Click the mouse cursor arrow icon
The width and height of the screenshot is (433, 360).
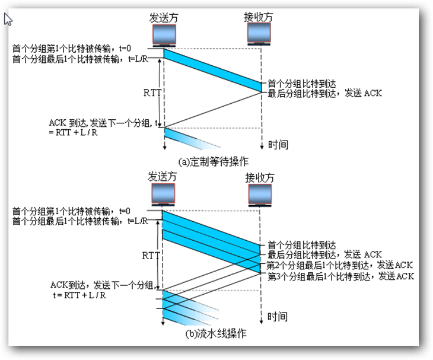(x=8, y=20)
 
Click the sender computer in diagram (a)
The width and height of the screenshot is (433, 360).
(x=164, y=36)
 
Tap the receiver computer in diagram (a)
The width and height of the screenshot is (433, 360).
(x=259, y=34)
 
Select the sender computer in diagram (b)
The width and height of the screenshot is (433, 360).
(x=163, y=195)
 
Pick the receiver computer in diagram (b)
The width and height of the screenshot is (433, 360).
(x=260, y=195)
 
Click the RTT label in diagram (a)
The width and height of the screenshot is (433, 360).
(x=152, y=93)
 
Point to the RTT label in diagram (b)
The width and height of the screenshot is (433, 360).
(x=151, y=256)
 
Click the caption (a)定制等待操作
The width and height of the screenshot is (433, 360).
(x=213, y=162)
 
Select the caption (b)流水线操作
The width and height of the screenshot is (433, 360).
(x=216, y=334)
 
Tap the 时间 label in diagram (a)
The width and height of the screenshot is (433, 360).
(x=278, y=145)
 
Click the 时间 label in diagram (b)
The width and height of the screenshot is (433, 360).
(x=277, y=316)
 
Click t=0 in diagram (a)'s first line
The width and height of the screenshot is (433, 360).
(x=125, y=49)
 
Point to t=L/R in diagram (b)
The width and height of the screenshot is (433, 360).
(x=138, y=221)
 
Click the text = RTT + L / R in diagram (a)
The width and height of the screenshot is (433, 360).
(x=73, y=132)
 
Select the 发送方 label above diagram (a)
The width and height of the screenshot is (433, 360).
(x=164, y=18)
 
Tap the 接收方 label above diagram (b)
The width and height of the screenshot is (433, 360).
(x=260, y=178)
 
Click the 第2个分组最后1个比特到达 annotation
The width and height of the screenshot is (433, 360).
(x=317, y=265)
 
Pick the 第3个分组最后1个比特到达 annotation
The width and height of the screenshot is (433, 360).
(x=319, y=276)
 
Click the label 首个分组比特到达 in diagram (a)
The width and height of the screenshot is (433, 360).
(x=302, y=84)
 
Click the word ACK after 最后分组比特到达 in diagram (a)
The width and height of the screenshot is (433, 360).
(x=373, y=93)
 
